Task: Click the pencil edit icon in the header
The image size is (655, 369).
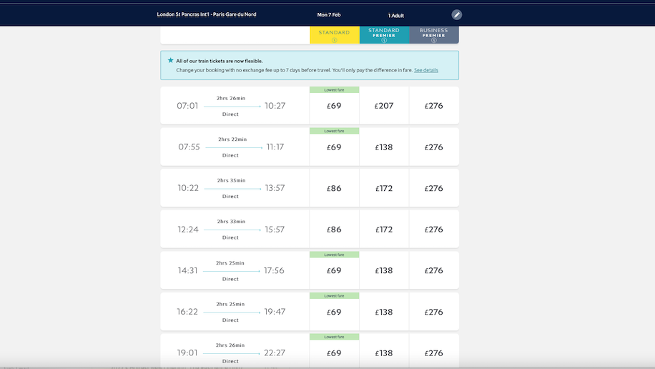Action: pyautogui.click(x=457, y=15)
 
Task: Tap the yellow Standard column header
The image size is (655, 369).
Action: pyautogui.click(x=334, y=35)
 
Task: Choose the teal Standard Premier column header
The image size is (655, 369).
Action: pyautogui.click(x=384, y=35)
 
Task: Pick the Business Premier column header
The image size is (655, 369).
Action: pyautogui.click(x=433, y=35)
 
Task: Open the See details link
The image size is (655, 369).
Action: pyautogui.click(x=426, y=70)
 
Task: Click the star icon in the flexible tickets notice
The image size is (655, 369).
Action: pyautogui.click(x=170, y=61)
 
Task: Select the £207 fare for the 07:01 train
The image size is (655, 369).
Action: pyautogui.click(x=384, y=106)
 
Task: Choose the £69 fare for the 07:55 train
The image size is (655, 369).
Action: pyautogui.click(x=334, y=147)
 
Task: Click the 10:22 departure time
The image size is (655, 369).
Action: pyautogui.click(x=188, y=188)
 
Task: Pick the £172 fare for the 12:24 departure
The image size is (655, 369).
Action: pyautogui.click(x=384, y=230)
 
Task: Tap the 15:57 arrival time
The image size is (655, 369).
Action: pyautogui.click(x=275, y=230)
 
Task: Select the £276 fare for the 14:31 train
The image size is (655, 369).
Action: pyautogui.click(x=433, y=271)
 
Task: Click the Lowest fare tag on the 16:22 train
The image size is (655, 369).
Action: pyautogui.click(x=334, y=295)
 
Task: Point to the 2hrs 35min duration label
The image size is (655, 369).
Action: pyautogui.click(x=230, y=180)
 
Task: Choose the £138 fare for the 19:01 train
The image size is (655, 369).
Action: pyautogui.click(x=384, y=353)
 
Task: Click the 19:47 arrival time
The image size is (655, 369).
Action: pyautogui.click(x=275, y=312)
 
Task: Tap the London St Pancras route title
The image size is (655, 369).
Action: pyautogui.click(x=207, y=15)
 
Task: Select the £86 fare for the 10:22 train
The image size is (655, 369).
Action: pyautogui.click(x=334, y=189)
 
